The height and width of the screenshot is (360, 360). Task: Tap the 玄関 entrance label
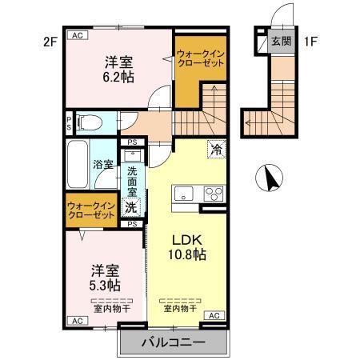coord(279,41)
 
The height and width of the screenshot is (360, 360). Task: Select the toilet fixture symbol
coord(90,122)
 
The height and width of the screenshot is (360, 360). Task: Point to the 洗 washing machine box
coord(131,207)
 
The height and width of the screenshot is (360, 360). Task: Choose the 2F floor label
coord(51,40)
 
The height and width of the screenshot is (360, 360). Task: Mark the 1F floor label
coord(311,40)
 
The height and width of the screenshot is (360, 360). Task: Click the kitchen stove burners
coord(214,193)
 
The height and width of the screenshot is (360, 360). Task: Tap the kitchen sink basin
coord(182,193)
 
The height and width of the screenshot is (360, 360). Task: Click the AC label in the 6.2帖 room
coord(78,36)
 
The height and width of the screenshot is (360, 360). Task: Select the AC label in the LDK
coord(214,316)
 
